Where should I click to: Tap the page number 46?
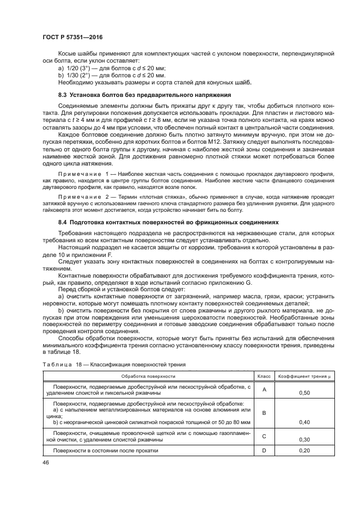click(46, 462)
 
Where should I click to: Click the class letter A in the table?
click(264, 389)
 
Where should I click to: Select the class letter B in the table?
click(264, 413)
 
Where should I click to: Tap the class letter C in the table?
click(264, 436)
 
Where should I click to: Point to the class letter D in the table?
click(264, 451)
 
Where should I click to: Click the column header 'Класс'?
click(264, 376)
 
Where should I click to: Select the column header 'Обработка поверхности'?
click(148, 376)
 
